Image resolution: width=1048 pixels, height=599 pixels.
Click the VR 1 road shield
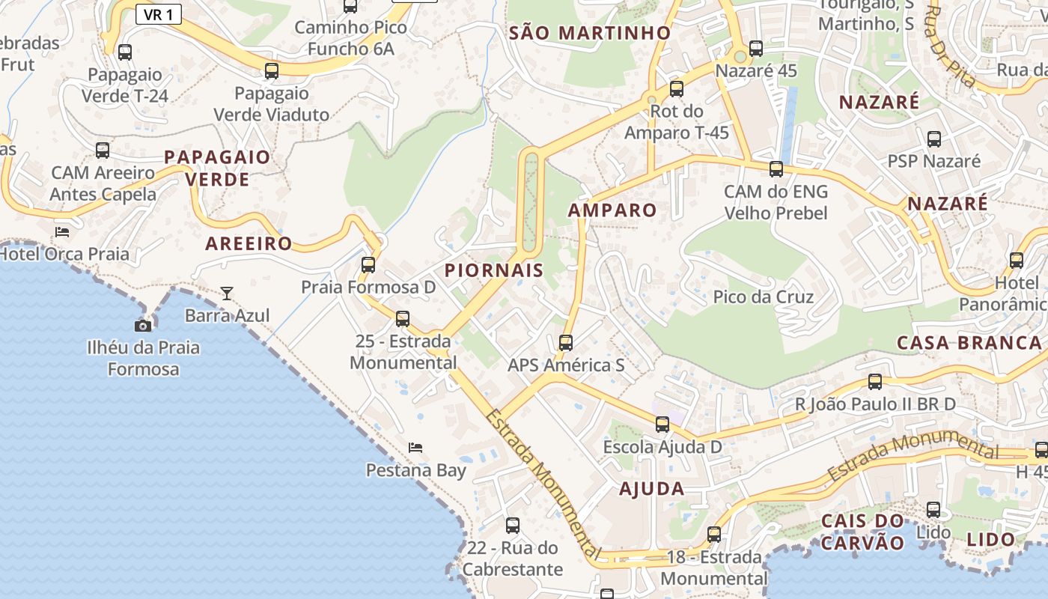click(x=159, y=14)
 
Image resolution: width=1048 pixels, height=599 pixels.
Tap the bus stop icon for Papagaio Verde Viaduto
click(x=272, y=71)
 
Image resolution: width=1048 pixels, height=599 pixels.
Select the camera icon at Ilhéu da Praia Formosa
click(x=143, y=326)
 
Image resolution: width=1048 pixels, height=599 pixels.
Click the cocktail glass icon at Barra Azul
click(x=227, y=293)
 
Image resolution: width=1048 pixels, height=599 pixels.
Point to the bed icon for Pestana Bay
click(x=415, y=448)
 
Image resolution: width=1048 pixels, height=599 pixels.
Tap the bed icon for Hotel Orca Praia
click(x=62, y=231)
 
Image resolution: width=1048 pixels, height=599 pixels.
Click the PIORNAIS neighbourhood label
click(x=494, y=270)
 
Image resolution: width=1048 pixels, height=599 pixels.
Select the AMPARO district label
click(x=612, y=210)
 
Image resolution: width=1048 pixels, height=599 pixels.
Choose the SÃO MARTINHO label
click(x=590, y=33)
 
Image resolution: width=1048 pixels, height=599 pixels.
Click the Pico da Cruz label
click(x=763, y=297)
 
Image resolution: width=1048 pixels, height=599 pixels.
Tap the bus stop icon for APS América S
click(x=566, y=343)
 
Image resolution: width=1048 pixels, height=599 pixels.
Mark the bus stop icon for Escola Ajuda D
click(x=662, y=425)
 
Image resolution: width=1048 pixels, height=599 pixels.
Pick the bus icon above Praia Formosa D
click(x=368, y=264)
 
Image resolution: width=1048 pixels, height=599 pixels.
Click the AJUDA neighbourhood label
click(x=651, y=489)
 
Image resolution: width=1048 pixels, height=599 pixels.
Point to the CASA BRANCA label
click(x=969, y=343)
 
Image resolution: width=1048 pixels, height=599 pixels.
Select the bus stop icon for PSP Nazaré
click(x=934, y=139)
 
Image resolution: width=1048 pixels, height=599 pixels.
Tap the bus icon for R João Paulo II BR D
click(x=875, y=382)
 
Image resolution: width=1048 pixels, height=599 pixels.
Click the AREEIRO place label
click(x=249, y=243)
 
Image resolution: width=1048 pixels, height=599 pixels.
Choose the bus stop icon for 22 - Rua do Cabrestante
click(x=513, y=526)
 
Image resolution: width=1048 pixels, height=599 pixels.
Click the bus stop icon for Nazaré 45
click(x=756, y=49)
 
